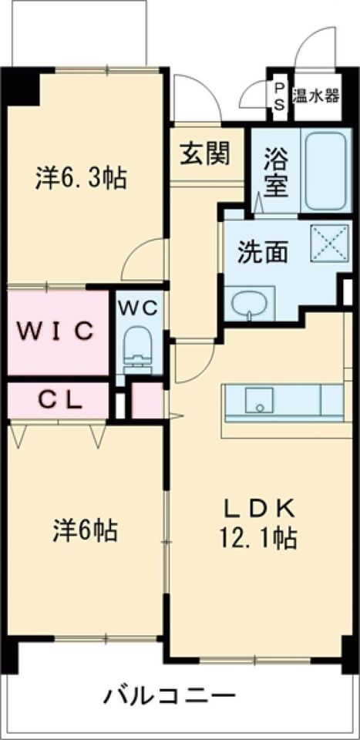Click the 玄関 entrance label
[206, 155]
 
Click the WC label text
[138, 307]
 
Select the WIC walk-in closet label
[57, 331]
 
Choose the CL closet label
[57, 400]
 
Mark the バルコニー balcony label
[170, 697]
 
